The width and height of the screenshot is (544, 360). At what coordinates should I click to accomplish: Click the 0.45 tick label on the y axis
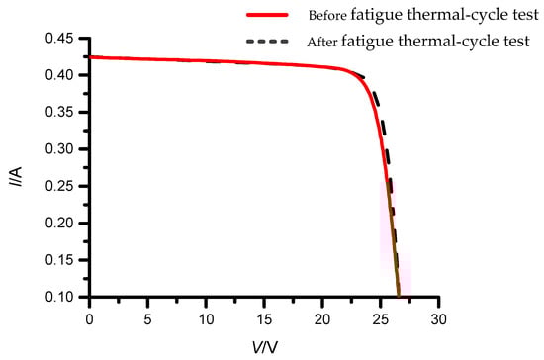[60, 39]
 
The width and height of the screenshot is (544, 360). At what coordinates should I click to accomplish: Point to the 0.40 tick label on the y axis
[60, 75]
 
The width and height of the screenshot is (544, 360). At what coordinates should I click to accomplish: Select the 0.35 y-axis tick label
[60, 113]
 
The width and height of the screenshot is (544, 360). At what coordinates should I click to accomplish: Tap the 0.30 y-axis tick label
[60, 149]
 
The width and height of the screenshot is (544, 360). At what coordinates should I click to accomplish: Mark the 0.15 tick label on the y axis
[60, 260]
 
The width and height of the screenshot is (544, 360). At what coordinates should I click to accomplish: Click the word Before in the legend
[329, 16]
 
